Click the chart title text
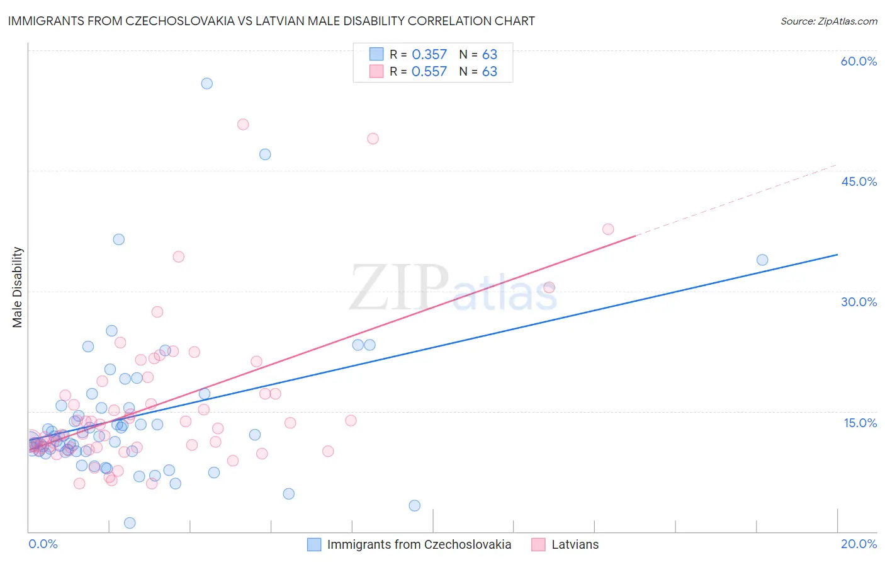[x=271, y=21]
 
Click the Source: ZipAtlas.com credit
[x=828, y=21]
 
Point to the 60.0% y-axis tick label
[x=859, y=61]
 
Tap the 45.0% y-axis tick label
[x=859, y=181]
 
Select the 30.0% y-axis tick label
[x=859, y=302]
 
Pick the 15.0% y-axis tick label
[x=860, y=423]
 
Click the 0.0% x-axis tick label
[x=43, y=544]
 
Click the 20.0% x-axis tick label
[x=859, y=544]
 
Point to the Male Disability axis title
[x=18, y=287]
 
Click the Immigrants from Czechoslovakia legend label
[x=419, y=544]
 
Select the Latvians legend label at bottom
[x=575, y=544]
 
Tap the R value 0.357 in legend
[x=429, y=55]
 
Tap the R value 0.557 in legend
[x=429, y=72]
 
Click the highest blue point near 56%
[x=206, y=83]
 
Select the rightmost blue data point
[x=762, y=260]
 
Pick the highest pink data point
[x=243, y=124]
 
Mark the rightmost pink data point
[x=608, y=229]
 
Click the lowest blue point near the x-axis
[x=130, y=523]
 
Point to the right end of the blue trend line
[x=837, y=255]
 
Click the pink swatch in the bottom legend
[x=538, y=544]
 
